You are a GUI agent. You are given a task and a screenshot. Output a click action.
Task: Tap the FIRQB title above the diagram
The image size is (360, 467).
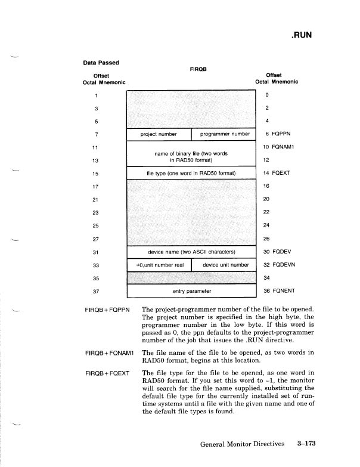(x=198, y=69)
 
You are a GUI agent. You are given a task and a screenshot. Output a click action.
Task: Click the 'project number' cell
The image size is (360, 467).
(x=159, y=134)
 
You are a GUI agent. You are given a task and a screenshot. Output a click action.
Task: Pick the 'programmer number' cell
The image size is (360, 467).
(x=224, y=134)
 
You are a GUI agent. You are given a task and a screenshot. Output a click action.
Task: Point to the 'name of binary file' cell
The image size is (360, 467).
(x=191, y=156)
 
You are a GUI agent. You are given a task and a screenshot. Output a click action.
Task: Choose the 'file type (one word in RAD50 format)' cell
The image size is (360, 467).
(x=191, y=174)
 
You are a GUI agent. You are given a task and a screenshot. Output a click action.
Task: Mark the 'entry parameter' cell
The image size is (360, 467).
(x=191, y=291)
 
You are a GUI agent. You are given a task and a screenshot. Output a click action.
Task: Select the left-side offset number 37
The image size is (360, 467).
(x=96, y=291)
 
